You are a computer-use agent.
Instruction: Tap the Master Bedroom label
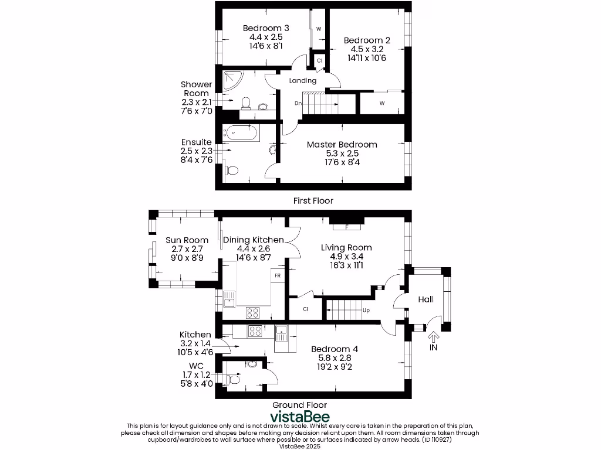pos(342,144)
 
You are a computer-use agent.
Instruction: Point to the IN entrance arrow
pos(434,337)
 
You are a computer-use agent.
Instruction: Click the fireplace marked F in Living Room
pos(347,226)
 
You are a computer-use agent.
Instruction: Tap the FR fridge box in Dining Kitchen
pos(277,275)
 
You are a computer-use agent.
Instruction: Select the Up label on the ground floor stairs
pos(366,311)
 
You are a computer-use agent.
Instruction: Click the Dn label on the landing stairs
pos(298,104)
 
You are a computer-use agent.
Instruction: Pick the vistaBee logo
pos(299,417)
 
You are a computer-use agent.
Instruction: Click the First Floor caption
pos(313,201)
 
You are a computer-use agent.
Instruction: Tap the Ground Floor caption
pos(299,405)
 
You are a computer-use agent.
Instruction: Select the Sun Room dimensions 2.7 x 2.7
pos(187,248)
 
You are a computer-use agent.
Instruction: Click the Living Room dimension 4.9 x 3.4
pos(346,256)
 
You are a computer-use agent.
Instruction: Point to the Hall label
pos(426,299)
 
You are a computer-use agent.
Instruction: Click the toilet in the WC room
pos(234,380)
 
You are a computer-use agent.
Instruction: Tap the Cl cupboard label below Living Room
pos(306,309)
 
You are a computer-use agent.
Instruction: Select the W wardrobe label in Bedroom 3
pos(319,29)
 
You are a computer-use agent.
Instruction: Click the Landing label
pos(303,80)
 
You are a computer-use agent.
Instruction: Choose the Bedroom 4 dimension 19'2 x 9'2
pos(335,367)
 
